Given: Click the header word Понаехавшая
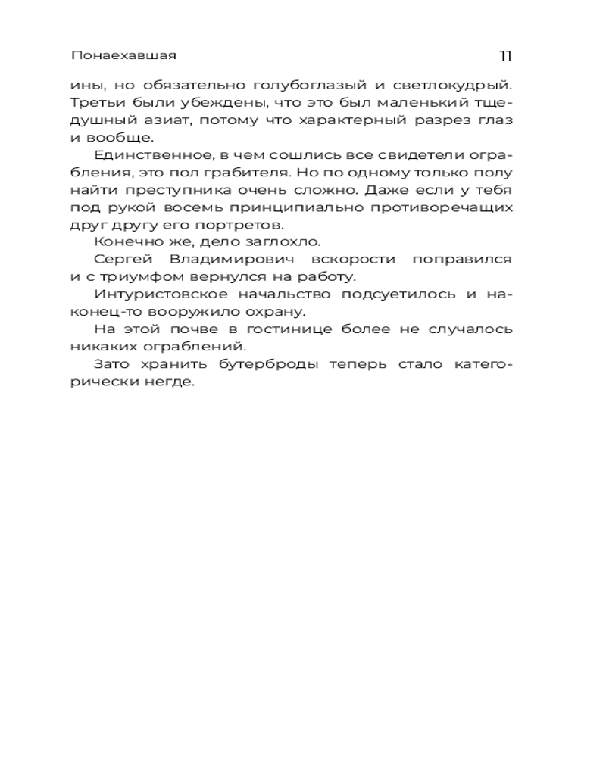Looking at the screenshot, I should [x=123, y=56].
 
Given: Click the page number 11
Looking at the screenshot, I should [x=506, y=56].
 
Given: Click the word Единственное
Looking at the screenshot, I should [x=142, y=155].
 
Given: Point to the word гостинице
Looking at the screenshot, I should [x=279, y=330].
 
